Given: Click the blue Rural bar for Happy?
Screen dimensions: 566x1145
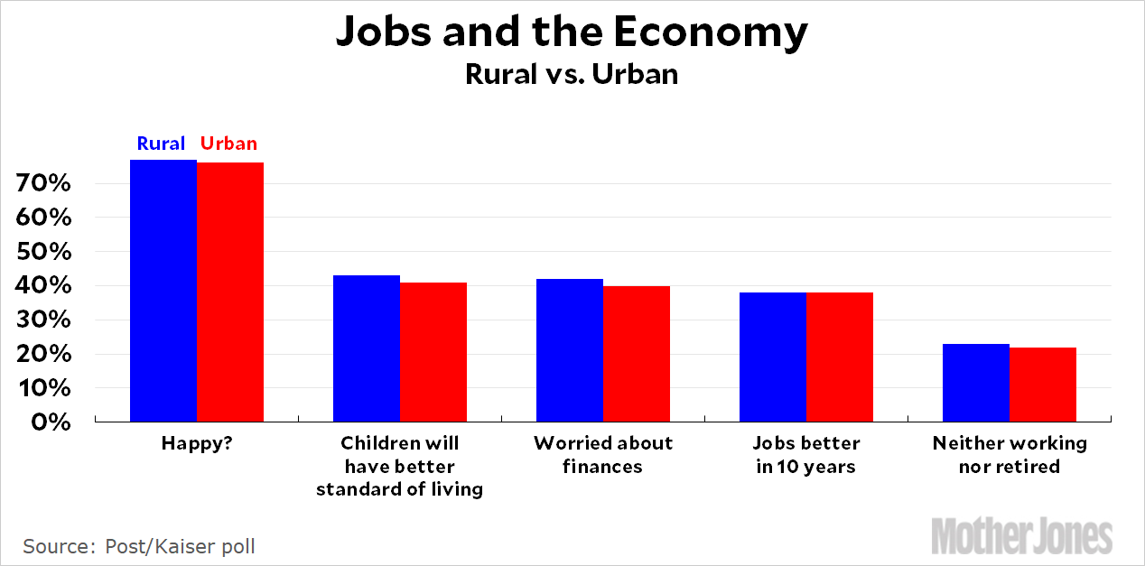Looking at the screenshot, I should [x=163, y=291].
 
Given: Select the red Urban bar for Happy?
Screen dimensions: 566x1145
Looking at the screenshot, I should [x=230, y=292].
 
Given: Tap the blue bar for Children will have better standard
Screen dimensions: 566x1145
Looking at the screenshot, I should [x=367, y=348].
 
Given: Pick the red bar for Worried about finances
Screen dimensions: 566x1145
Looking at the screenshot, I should [x=637, y=354].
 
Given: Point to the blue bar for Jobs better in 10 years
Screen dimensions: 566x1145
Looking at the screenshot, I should [x=773, y=357].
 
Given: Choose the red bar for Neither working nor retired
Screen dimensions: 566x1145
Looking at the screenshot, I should [x=1043, y=385].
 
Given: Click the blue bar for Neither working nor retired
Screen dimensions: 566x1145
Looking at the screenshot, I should [x=976, y=383].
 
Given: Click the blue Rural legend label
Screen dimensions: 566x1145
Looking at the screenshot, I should [x=161, y=144].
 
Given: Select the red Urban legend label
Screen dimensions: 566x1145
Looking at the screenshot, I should [x=228, y=144].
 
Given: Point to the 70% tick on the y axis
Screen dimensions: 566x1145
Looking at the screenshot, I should [x=43, y=184].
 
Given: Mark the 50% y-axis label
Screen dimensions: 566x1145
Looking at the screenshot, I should [x=43, y=252].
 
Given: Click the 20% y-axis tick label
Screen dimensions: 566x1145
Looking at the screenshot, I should [x=43, y=354].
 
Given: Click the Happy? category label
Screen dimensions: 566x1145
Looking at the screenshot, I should [x=197, y=443].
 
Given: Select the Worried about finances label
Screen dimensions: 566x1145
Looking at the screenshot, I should [x=603, y=455].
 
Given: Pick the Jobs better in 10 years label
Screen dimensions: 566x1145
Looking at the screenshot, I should [x=805, y=455].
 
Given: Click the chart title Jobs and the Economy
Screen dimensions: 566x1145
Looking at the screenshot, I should [x=572, y=33].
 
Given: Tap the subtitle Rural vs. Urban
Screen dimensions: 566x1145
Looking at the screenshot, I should [x=572, y=74].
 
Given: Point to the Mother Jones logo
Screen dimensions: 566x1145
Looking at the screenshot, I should [x=1021, y=535].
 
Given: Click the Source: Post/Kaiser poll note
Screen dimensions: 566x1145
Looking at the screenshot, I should [x=139, y=546].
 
